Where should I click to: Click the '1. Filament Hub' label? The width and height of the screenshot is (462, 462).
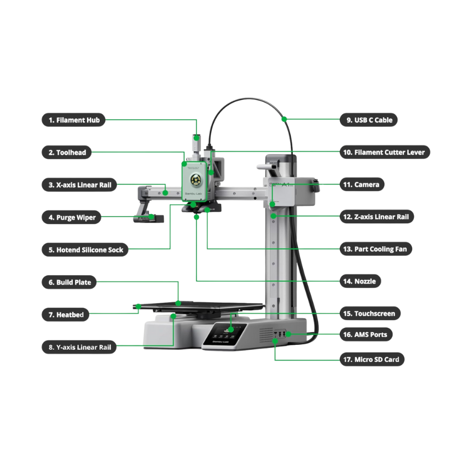pyautogui.click(x=74, y=120)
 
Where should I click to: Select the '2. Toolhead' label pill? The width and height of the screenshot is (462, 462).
pyautogui.click(x=67, y=152)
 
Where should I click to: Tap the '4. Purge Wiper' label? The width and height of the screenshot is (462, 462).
pyautogui.click(x=72, y=217)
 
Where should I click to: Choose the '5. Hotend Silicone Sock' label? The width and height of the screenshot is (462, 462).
pyautogui.click(x=85, y=250)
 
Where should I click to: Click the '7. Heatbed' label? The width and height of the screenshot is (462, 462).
pyautogui.click(x=65, y=314)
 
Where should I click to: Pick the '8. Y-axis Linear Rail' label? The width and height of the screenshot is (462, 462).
pyautogui.click(x=79, y=347)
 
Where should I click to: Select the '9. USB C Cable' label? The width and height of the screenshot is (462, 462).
pyautogui.click(x=368, y=120)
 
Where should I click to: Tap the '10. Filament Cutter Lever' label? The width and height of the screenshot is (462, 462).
pyautogui.click(x=385, y=152)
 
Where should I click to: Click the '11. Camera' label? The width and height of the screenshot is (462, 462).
pyautogui.click(x=362, y=184)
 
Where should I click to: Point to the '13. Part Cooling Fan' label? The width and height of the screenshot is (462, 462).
pyautogui.click(x=376, y=249)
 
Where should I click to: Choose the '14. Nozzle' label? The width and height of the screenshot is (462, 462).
pyautogui.click(x=360, y=281)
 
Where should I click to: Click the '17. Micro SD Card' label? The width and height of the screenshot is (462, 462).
pyautogui.click(x=372, y=359)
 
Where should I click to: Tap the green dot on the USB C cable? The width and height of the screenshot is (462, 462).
pyautogui.click(x=284, y=119)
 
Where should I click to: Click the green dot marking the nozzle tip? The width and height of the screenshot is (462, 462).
pyautogui.click(x=197, y=217)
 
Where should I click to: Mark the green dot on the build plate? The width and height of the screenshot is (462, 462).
pyautogui.click(x=178, y=303)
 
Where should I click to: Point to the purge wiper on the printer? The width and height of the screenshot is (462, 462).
pyautogui.click(x=149, y=218)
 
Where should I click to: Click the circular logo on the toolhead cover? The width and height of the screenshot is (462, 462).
pyautogui.click(x=194, y=180)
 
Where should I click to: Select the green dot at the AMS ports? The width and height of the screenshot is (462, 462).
pyautogui.click(x=288, y=334)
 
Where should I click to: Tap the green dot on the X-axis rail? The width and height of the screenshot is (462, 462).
pyautogui.click(x=165, y=193)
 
